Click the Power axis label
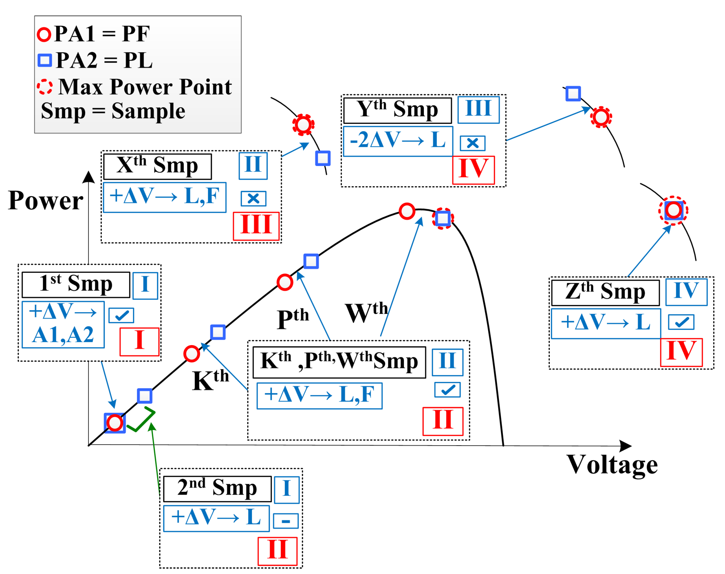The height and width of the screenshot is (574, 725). coord(45,201)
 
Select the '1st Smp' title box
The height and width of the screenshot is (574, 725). coord(76,284)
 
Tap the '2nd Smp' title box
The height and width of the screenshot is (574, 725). coord(217,489)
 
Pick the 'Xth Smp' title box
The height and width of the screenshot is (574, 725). coord(157,167)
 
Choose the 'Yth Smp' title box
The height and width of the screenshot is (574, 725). coord(397,110)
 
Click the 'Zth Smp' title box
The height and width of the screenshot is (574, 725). coord(605,293)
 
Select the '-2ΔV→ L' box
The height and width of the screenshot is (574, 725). coord(398,141)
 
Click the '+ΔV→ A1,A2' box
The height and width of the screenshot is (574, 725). coord(63,324)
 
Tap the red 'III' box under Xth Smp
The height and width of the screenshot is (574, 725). coord(256,226)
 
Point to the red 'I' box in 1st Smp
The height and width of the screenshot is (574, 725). coord(139,341)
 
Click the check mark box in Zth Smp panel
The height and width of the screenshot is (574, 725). coord(681,322)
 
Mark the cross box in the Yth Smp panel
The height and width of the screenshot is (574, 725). coord(473,143)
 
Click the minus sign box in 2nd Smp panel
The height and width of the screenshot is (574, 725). coord(286,521)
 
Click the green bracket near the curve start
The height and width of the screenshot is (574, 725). coord(141,420)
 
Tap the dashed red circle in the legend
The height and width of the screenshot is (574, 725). coord(44,87)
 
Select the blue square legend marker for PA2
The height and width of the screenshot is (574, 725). coord(45,60)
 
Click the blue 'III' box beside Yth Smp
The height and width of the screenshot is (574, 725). coord(478,110)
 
